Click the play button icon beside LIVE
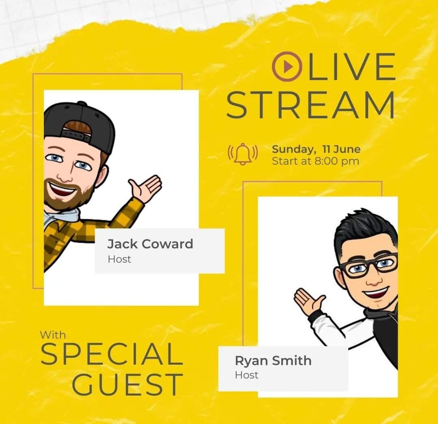(x=287, y=67)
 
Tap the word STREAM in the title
(x=311, y=105)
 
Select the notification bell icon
(x=243, y=154)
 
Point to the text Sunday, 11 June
(x=316, y=149)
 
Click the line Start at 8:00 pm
(x=315, y=161)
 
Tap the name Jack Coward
(x=150, y=244)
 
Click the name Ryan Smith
(x=273, y=361)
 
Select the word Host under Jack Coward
(x=119, y=259)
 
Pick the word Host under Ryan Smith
(x=246, y=375)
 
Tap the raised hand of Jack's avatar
(x=146, y=188)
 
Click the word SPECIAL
(x=111, y=354)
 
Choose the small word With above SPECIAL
(x=53, y=335)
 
